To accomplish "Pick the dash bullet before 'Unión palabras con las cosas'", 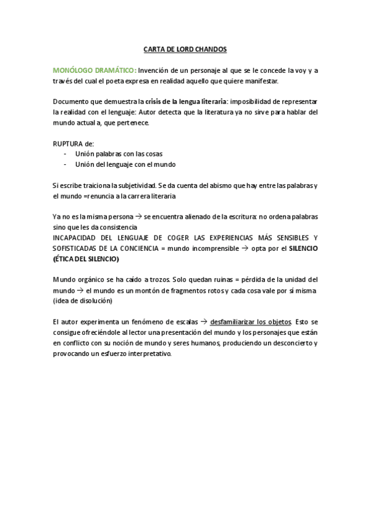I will point(66,154).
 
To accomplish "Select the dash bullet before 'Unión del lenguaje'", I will point(66,164).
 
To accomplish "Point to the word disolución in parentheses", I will point(93,301).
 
